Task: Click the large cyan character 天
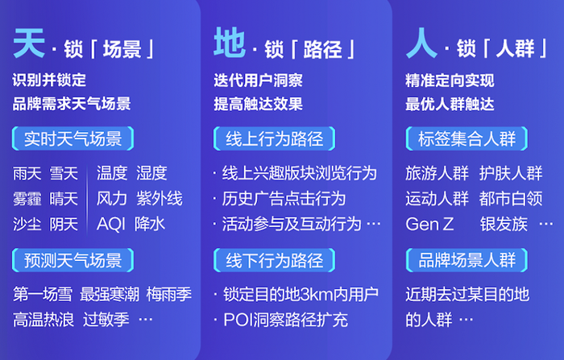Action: pos(29,43)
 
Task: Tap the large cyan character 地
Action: pos(230,43)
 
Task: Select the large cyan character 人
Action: pos(421,43)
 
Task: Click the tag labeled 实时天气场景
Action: pos(73,139)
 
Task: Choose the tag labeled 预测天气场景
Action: pos(73,260)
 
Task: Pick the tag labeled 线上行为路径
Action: pos(275,139)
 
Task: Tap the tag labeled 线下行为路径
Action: pos(275,260)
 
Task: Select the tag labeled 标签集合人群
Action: pos(467,139)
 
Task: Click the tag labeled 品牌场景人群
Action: pos(467,260)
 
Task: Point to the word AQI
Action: pos(111,224)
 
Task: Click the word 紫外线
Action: pos(160,198)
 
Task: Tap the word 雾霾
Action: pos(27,198)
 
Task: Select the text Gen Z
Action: pos(429,224)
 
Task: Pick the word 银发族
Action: pos(504,224)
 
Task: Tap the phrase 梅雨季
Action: pos(169,295)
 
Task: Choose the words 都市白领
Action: pos(511,198)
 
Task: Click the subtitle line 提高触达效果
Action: pos(259,105)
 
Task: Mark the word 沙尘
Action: pos(27,224)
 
